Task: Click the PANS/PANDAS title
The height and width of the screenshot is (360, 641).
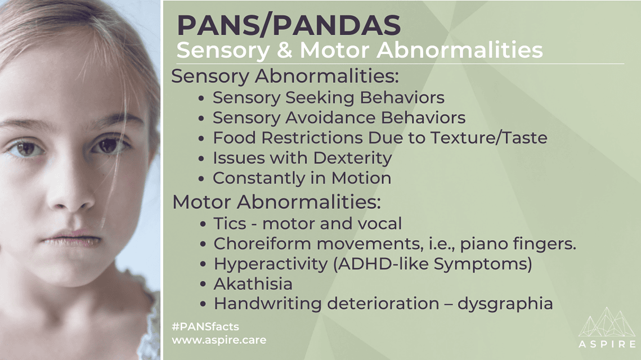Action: [289, 25]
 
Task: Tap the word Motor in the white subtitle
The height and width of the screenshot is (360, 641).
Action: [335, 50]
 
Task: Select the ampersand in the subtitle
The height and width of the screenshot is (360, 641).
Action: [285, 50]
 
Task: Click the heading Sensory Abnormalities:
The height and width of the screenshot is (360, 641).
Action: [285, 76]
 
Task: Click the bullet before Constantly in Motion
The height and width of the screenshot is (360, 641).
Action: [201, 179]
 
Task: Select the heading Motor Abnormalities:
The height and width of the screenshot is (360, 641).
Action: [276, 202]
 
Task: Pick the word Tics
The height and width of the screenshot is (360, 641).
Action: [230, 223]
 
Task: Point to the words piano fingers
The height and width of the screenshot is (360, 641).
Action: [518, 244]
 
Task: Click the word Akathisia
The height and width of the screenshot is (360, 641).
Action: [253, 284]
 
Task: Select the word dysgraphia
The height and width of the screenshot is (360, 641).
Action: [505, 304]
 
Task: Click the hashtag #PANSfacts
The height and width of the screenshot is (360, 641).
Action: [205, 326]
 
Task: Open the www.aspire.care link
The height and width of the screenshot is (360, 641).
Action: [219, 340]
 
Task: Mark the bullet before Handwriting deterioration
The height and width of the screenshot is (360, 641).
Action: [203, 304]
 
